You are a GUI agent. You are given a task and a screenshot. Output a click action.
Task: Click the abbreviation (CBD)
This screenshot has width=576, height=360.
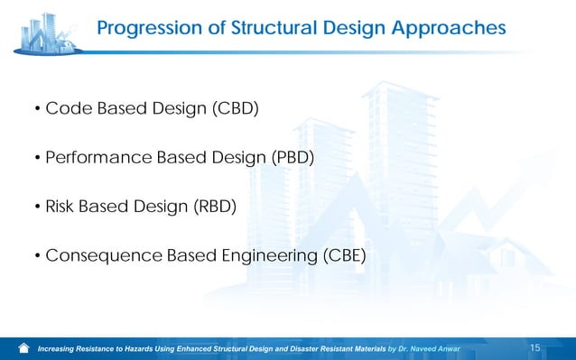(236, 110)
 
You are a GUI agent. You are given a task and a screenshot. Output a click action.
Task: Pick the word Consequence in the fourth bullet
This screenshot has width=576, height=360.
(103, 256)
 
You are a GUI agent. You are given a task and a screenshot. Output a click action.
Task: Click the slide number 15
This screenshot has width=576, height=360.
(534, 347)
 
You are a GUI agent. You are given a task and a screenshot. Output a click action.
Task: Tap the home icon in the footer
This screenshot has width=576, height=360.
(24, 347)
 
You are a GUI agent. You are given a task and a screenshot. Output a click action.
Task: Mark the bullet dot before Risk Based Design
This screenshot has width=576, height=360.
(37, 208)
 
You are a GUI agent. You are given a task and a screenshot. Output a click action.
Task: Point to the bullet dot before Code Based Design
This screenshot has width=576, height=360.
(37, 111)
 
